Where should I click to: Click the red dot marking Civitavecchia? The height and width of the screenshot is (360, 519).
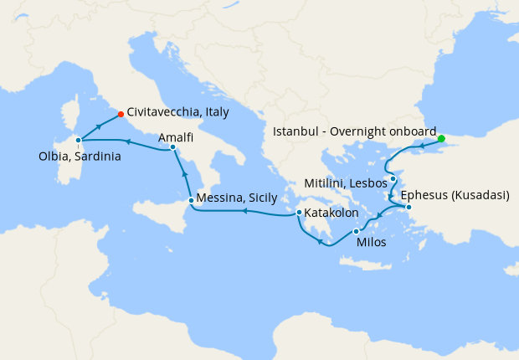click(121, 114)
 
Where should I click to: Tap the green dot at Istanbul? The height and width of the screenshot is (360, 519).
click(441, 139)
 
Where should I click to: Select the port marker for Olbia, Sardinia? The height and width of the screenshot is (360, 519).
click(78, 141)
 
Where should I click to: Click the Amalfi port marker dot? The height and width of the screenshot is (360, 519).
click(172, 147)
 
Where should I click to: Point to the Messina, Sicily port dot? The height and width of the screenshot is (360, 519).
click(192, 200)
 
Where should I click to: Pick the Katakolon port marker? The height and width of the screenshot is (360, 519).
click(299, 213)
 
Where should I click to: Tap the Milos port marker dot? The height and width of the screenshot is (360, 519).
click(356, 231)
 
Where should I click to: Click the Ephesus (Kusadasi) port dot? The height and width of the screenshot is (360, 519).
click(409, 207)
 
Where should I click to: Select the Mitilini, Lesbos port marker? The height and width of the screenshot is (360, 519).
click(393, 179)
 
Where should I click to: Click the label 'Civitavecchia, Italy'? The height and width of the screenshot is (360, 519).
click(178, 111)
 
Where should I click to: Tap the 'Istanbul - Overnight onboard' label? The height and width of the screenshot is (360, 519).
click(355, 131)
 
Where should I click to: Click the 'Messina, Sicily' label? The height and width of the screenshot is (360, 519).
click(237, 200)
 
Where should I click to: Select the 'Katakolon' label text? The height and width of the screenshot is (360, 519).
click(332, 213)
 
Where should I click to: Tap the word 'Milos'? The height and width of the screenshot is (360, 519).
click(372, 242)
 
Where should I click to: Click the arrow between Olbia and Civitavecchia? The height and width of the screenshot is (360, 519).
click(100, 126)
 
